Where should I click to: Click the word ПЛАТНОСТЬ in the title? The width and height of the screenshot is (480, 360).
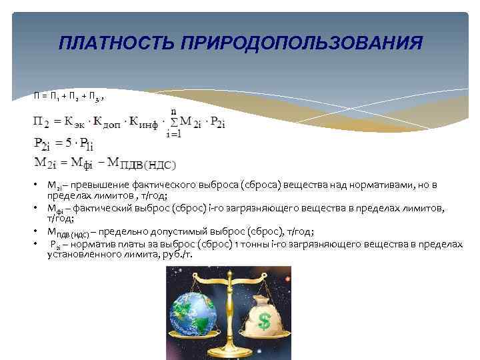click(x=108, y=43)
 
